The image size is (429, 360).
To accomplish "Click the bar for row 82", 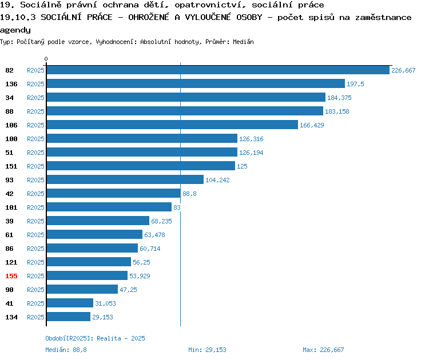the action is click(x=218, y=70).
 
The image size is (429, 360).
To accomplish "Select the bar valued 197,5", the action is click(x=196, y=83).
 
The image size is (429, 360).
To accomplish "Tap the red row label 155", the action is click(x=11, y=276).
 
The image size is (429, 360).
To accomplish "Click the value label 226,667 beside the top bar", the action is click(x=403, y=70).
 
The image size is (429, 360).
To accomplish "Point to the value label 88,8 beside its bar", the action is click(x=189, y=194).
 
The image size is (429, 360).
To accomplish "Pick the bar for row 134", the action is click(x=69, y=317).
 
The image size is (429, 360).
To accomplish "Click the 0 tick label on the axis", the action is click(x=46, y=59).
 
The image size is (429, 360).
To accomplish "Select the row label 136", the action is click(x=11, y=84).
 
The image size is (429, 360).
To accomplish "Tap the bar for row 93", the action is click(x=125, y=179).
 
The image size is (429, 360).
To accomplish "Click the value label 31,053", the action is click(x=105, y=303).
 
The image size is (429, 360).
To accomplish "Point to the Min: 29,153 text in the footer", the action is click(x=207, y=350).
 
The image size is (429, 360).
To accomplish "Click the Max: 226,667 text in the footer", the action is click(x=323, y=350).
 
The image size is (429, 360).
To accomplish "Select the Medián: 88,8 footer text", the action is click(x=66, y=350).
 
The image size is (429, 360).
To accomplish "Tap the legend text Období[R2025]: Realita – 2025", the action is click(x=95, y=338).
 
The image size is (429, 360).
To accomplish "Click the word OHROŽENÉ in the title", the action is click(x=149, y=17).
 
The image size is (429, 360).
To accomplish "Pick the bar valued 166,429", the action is click(x=172, y=125).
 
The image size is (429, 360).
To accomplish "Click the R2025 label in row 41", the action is click(x=35, y=303).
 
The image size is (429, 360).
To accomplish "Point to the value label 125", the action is click(x=242, y=166).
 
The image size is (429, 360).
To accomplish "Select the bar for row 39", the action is click(x=98, y=221).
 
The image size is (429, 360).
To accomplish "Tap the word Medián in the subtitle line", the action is click(x=243, y=42).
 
